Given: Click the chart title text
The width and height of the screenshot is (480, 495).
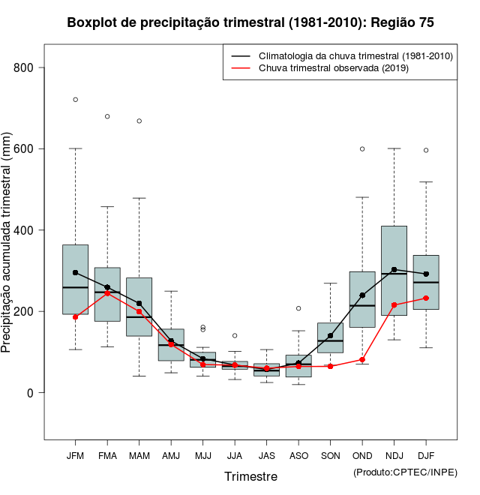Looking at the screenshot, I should (x=250, y=22).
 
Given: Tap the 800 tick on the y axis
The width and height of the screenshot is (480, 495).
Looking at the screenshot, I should (x=29, y=67).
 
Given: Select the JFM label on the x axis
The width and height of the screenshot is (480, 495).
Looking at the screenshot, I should (x=75, y=456).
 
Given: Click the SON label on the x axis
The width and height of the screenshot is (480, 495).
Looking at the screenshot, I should (x=330, y=456).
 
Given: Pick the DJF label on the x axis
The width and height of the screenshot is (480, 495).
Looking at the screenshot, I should (x=426, y=456).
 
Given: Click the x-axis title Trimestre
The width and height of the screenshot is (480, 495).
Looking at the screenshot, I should (x=250, y=476).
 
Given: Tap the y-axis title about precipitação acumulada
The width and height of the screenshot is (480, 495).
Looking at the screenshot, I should (x=7, y=244).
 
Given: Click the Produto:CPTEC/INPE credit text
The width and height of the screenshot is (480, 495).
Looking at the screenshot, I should (x=405, y=472).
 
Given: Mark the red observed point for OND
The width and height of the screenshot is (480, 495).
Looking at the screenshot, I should (x=362, y=360).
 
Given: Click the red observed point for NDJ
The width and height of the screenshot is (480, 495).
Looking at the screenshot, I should (x=394, y=305).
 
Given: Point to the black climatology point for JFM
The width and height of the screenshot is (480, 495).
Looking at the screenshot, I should (x=75, y=272).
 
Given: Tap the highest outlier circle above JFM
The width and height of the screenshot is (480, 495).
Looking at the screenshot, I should (x=75, y=100).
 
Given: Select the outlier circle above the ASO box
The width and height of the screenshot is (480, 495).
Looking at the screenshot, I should (x=298, y=308).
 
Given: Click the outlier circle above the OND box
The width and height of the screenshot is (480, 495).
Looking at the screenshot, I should (x=362, y=148).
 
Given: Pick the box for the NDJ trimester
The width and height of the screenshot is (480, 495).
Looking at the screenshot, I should (x=394, y=270).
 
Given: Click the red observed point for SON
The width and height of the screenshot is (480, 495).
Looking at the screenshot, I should (x=330, y=366).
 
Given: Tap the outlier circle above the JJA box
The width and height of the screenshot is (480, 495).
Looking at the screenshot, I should (x=235, y=335).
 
